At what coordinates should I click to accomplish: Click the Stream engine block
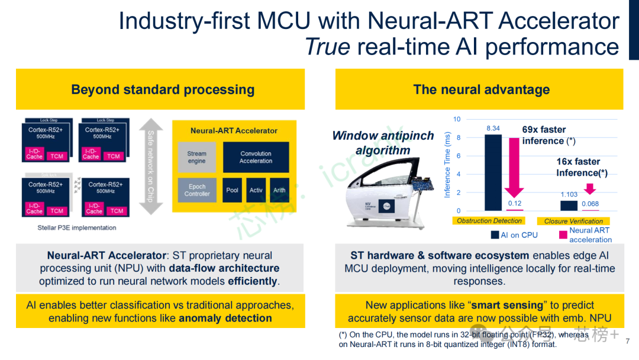(x=197, y=157)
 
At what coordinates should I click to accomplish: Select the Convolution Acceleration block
(x=256, y=157)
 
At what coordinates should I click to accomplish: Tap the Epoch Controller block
(x=197, y=190)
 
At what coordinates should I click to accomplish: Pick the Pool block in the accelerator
(x=233, y=190)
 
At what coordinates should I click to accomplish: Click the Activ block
(x=256, y=190)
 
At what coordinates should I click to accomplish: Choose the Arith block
(x=279, y=190)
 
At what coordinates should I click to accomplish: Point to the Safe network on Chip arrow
(x=150, y=166)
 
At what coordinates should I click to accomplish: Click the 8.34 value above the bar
(x=492, y=128)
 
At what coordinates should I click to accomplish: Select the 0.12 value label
(x=515, y=204)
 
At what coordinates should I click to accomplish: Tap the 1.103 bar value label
(x=569, y=194)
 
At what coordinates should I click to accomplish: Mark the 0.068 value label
(x=590, y=204)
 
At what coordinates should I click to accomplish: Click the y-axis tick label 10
(x=457, y=120)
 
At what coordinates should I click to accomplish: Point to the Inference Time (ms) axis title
(x=447, y=165)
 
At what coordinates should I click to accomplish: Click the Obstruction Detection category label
(x=489, y=221)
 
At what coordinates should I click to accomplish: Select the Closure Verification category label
(x=573, y=221)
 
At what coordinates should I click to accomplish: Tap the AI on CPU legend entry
(x=514, y=235)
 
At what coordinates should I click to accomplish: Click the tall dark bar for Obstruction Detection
(x=492, y=172)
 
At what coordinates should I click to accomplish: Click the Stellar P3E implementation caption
(x=77, y=227)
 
